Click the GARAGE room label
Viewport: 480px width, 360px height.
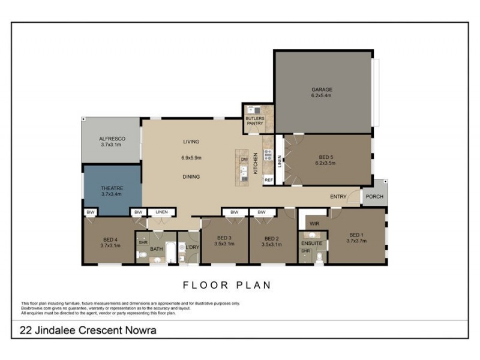(322, 90)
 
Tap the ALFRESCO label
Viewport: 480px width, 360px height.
(112, 139)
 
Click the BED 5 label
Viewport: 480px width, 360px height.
(326, 157)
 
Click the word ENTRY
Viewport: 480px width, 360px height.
(338, 196)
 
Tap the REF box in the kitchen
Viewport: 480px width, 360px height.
(269, 180)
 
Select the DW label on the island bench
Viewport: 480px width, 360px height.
(244, 160)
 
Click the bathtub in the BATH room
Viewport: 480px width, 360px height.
(171, 252)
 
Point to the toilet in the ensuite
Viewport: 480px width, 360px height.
(319, 257)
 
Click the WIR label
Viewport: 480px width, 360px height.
(314, 224)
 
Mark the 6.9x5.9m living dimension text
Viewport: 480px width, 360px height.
(191, 158)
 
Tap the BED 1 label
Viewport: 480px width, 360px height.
(356, 235)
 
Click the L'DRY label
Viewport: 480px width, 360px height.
(192, 248)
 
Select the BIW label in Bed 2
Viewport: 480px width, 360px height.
(262, 212)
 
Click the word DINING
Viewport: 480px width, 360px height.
(191, 177)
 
